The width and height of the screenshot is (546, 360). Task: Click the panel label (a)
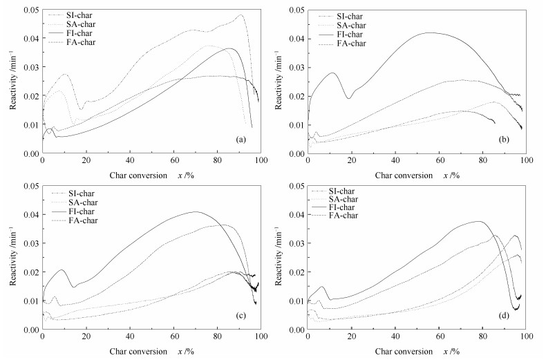[241, 140]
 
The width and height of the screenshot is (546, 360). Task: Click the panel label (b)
[505, 140]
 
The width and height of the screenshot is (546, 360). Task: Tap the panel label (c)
[241, 317]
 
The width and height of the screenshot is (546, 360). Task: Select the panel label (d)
[505, 317]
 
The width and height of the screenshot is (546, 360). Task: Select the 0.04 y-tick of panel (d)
[295, 215]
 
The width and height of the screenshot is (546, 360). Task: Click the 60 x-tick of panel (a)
[174, 160]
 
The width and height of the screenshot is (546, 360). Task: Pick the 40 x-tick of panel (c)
[130, 337]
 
